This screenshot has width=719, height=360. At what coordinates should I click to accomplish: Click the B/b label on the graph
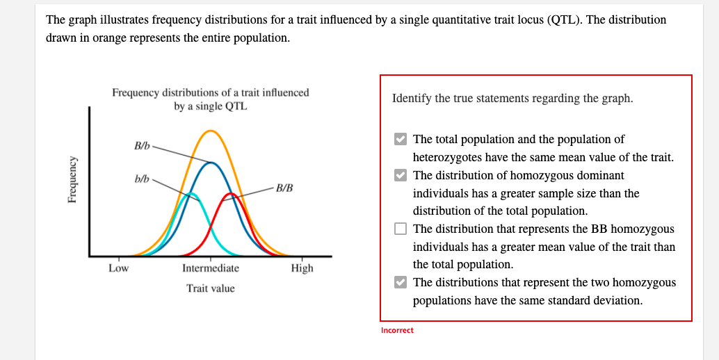(x=141, y=146)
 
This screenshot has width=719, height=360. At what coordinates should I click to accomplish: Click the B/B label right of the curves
(x=284, y=188)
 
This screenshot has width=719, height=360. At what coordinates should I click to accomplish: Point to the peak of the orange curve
(x=211, y=131)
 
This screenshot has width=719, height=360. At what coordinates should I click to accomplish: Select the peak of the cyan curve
(x=191, y=193)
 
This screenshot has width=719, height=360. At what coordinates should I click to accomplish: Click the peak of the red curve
(x=232, y=195)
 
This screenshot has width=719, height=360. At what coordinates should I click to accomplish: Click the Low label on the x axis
(x=118, y=268)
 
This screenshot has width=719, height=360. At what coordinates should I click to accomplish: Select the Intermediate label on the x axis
(x=210, y=268)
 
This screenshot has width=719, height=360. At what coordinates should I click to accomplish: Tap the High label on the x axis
(x=302, y=268)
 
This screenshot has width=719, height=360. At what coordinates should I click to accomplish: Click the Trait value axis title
(x=210, y=288)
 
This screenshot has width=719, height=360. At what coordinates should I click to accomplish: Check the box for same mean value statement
(x=400, y=139)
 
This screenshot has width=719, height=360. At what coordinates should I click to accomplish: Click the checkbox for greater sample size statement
(x=400, y=175)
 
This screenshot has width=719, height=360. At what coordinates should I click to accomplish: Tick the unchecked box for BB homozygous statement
(x=400, y=229)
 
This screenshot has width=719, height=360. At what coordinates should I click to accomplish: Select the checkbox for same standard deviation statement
(x=400, y=282)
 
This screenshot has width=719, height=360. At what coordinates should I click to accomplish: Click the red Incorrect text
(x=397, y=330)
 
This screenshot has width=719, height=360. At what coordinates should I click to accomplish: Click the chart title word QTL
(x=236, y=106)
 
